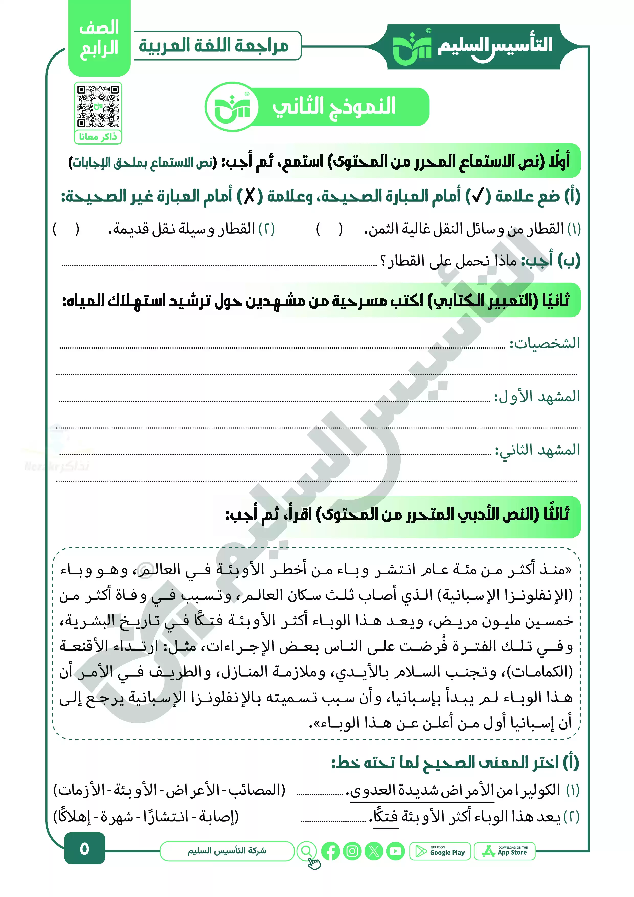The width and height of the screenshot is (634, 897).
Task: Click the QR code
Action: coord(98,106)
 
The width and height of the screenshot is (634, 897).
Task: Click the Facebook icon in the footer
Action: coord(331,851)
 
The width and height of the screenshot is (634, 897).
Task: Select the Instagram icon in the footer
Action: coord(352,851)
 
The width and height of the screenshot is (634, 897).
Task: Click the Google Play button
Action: coord(440,851)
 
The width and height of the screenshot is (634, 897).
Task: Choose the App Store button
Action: coord(504,851)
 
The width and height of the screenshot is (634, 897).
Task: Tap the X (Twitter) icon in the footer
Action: coord(374,851)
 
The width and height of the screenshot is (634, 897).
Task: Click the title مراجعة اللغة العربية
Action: coord(214,46)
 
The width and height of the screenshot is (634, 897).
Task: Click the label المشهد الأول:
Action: coord(537,397)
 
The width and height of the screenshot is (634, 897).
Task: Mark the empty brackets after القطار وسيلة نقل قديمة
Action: coord(66,229)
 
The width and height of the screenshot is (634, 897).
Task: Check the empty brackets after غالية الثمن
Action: coord(329,229)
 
